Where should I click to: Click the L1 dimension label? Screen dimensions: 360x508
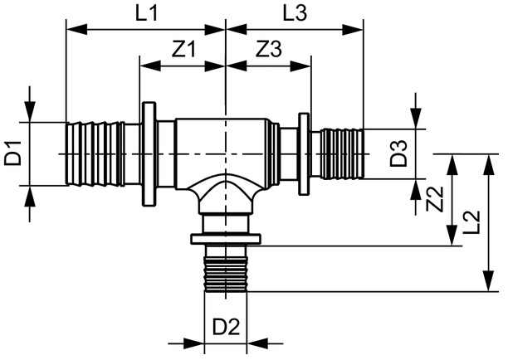pyautogui.click(x=145, y=13)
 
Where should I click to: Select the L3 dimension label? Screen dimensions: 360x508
pyautogui.click(x=295, y=13)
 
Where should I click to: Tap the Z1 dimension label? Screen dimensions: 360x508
pyautogui.click(x=184, y=49)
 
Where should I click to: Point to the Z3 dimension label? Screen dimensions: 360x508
pyautogui.click(x=268, y=49)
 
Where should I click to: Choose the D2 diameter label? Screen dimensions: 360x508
pyautogui.click(x=226, y=327)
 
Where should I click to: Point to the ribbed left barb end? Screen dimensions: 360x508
pyautogui.click(x=94, y=153)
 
